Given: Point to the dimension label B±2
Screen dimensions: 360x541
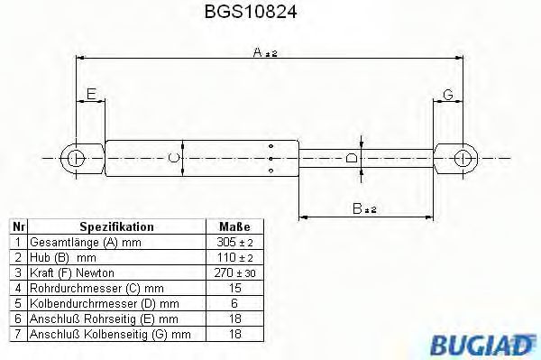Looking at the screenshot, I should (x=364, y=209).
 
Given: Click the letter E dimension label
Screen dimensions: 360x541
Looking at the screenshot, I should (x=90, y=94).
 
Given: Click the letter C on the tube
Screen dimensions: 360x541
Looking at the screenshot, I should (x=174, y=159).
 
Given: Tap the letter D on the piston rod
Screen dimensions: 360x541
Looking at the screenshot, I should (x=353, y=159).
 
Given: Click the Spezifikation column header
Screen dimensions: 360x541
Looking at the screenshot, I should (x=117, y=226).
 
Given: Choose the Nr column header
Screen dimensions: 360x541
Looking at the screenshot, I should (x=17, y=226).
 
